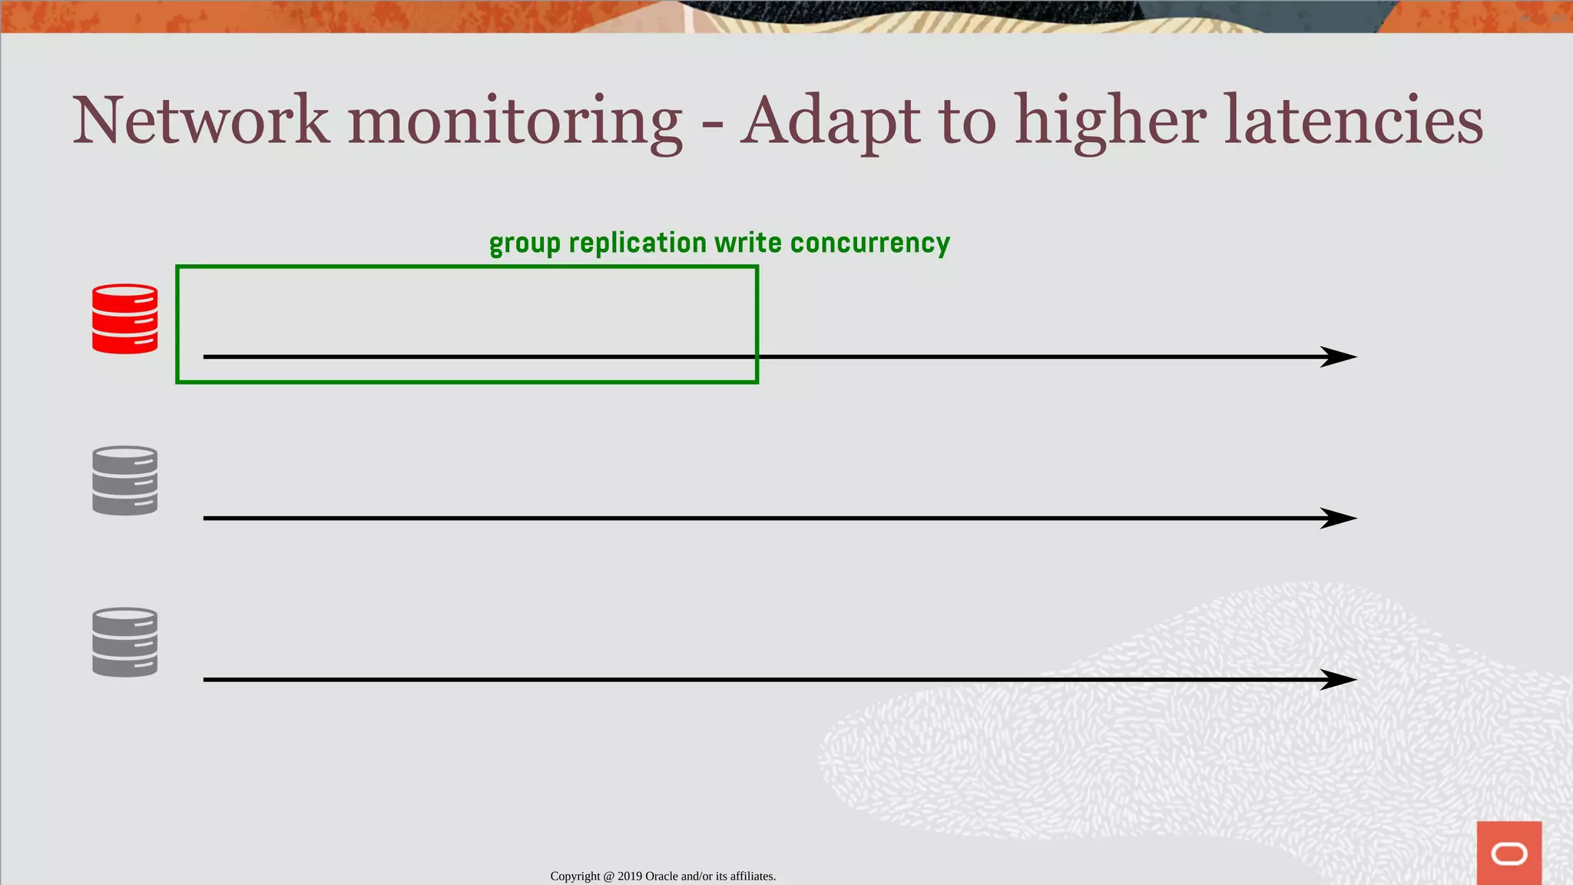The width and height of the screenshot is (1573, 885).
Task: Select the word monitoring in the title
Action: click(x=515, y=123)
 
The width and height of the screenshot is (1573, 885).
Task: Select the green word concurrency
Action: click(x=869, y=244)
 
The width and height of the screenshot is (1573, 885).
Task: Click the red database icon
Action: click(x=125, y=319)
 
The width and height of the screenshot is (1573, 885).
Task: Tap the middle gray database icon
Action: click(x=125, y=480)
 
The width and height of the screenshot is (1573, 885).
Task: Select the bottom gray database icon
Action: click(x=125, y=642)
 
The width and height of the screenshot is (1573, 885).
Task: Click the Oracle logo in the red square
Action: click(x=1508, y=854)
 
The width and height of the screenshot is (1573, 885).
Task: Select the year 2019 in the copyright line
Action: click(x=630, y=877)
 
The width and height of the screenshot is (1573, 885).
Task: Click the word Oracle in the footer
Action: click(x=661, y=877)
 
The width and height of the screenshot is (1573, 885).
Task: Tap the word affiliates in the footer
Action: click(x=752, y=877)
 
